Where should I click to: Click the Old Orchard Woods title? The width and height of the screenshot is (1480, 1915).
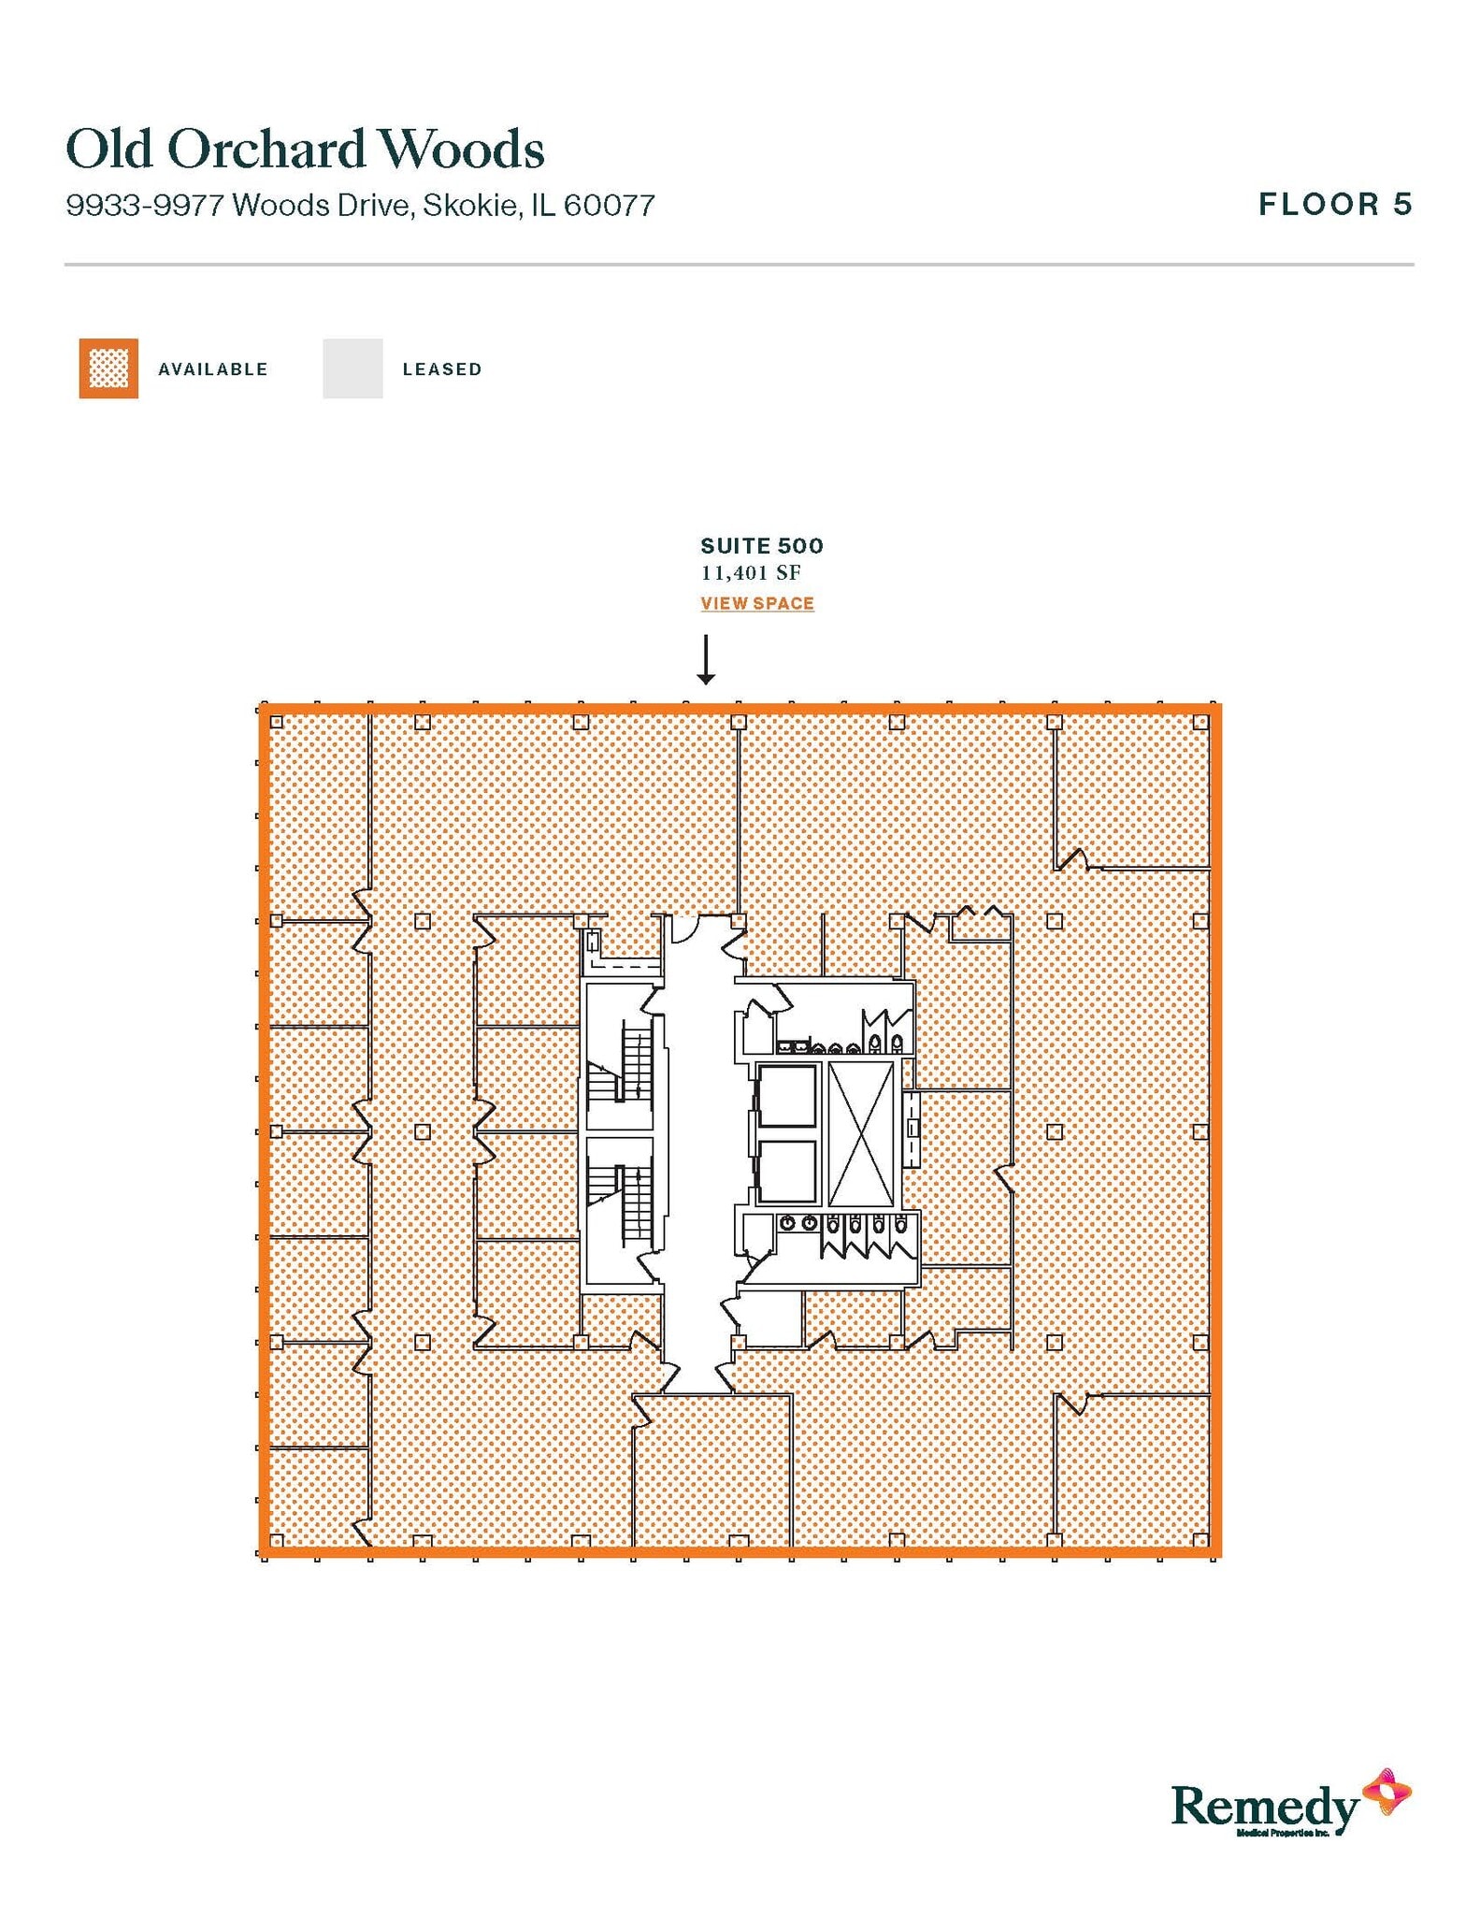coord(305,150)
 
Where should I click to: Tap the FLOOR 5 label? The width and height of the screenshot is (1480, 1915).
coord(1334,204)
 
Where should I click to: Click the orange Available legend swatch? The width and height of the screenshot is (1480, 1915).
coord(108,368)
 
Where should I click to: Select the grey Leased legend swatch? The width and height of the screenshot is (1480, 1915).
coord(352,368)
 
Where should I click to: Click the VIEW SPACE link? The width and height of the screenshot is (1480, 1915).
coord(757,603)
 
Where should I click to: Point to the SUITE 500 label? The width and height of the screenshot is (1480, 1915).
coord(762,545)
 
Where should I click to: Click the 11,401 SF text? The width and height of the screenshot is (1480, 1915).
coord(751,572)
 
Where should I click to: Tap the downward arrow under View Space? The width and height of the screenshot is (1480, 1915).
coord(706,659)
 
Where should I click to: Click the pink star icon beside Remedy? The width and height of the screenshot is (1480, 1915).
coord(1387,1792)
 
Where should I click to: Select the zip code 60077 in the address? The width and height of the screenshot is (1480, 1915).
coord(609,205)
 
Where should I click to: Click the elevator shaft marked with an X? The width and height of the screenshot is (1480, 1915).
coord(861,1133)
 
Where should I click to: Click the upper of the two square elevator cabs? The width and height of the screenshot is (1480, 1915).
coord(786,1095)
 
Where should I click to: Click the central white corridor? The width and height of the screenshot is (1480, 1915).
coord(697,1150)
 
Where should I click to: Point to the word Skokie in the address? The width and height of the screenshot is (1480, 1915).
coord(471,205)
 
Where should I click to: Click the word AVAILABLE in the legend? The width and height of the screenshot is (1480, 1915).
coord(213,369)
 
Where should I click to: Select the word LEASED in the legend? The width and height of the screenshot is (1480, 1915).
coord(442,369)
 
